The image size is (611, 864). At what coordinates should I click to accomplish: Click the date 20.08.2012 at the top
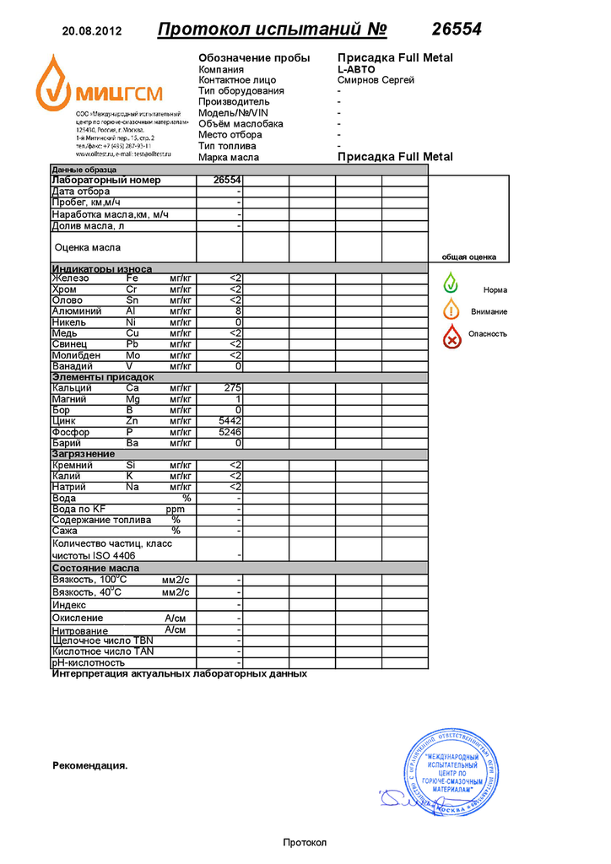click(x=92, y=32)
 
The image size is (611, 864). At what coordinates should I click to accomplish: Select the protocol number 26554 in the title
click(x=457, y=30)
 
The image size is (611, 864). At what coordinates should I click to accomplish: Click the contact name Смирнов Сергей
click(x=376, y=80)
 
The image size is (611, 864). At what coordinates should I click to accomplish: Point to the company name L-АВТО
click(x=356, y=69)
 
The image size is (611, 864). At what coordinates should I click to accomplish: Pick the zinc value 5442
click(x=230, y=421)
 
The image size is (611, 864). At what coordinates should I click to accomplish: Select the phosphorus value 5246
click(x=230, y=432)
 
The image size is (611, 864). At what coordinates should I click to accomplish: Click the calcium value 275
click(x=233, y=388)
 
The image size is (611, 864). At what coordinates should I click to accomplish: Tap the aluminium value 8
click(x=239, y=311)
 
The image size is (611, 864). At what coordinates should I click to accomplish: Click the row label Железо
click(x=70, y=278)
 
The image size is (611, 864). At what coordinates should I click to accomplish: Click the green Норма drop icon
click(x=451, y=283)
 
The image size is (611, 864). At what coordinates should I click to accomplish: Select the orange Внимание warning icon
click(x=451, y=310)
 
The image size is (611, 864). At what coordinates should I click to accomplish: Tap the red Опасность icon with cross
click(x=453, y=336)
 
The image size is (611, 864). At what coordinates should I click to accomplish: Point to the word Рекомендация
click(x=90, y=766)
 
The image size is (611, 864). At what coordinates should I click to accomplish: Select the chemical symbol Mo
click(x=132, y=355)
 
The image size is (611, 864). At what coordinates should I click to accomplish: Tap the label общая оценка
click(x=468, y=257)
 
